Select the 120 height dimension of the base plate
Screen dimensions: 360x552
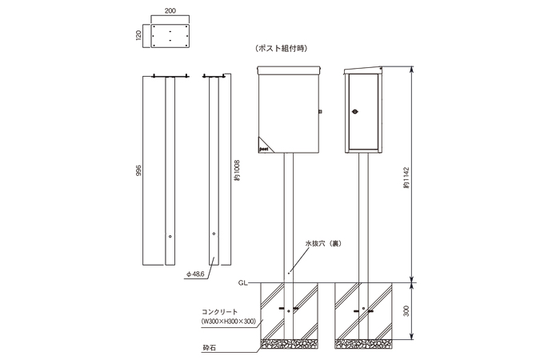click(x=139, y=35)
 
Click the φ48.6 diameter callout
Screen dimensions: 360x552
click(x=195, y=274)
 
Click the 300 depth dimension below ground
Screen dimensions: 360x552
click(x=406, y=311)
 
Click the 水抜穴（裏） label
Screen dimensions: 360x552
click(x=322, y=241)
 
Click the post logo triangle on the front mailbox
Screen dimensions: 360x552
click(x=265, y=145)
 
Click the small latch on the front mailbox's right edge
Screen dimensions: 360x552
click(x=319, y=112)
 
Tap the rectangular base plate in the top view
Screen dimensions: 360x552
click(x=169, y=36)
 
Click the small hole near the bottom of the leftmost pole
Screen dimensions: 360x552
click(x=170, y=236)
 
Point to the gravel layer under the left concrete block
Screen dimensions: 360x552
click(x=290, y=345)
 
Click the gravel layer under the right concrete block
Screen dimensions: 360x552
click(x=364, y=345)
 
